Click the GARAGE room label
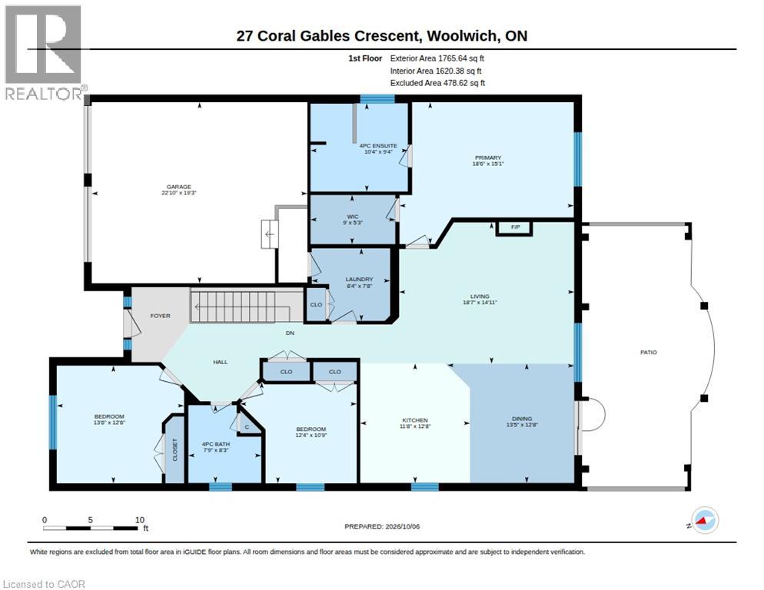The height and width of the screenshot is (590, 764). (x=179, y=187)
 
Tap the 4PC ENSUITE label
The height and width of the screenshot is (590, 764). (x=378, y=146)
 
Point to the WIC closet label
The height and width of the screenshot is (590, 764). (x=353, y=217)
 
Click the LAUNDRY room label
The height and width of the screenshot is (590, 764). (x=359, y=279)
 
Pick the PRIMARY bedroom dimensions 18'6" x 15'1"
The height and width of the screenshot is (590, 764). (x=488, y=164)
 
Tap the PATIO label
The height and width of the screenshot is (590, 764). (x=649, y=353)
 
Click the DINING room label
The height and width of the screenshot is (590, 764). (x=522, y=419)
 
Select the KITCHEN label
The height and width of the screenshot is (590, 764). (x=415, y=420)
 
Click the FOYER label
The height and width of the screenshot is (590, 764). (x=161, y=316)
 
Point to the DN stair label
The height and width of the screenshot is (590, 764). (x=290, y=333)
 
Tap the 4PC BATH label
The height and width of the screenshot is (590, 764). (x=216, y=444)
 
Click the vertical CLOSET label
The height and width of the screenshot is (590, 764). (x=175, y=449)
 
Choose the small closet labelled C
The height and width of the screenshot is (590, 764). (x=247, y=427)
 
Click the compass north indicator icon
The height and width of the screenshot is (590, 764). (x=705, y=520)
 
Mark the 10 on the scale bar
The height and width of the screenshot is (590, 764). (x=140, y=520)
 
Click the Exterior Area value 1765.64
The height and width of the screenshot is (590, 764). (x=453, y=58)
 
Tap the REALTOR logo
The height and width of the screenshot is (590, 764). (x=44, y=52)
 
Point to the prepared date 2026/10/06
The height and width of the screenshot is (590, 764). (x=403, y=527)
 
